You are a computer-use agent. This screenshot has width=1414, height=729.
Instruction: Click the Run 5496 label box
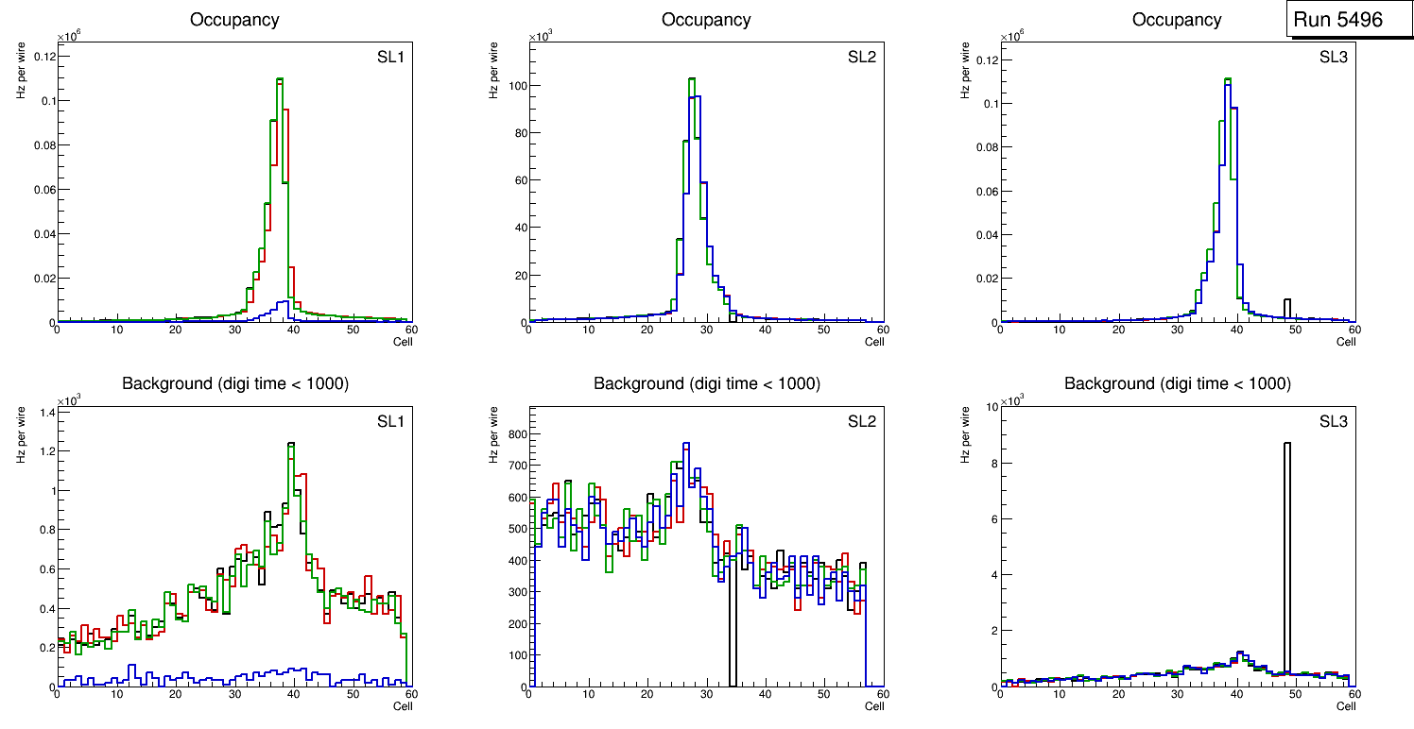click(x=1337, y=20)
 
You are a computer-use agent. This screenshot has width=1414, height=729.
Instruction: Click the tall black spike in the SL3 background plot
click(x=1286, y=567)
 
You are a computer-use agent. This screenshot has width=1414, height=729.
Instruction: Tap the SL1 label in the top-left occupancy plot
click(x=391, y=58)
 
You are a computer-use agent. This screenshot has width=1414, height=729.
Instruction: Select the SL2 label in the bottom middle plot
click(x=862, y=421)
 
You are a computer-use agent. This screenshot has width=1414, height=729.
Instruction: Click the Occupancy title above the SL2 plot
click(x=706, y=20)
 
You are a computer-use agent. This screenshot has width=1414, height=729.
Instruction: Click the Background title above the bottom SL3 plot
click(x=1177, y=384)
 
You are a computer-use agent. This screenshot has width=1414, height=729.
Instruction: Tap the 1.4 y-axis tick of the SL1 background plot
click(x=45, y=414)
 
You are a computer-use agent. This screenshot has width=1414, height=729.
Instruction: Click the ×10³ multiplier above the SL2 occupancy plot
click(x=540, y=38)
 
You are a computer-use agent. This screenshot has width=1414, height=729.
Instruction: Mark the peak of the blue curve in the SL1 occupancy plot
click(x=285, y=302)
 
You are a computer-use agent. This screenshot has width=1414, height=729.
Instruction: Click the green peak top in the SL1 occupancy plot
click(x=280, y=79)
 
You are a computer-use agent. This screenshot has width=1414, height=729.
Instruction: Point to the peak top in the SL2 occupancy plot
click(x=692, y=79)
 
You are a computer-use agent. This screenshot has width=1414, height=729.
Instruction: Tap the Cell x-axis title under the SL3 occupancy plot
click(x=1346, y=342)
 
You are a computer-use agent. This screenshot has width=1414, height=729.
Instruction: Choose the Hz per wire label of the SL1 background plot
click(x=20, y=433)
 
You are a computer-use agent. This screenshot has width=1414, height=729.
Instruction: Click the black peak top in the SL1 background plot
click(x=291, y=443)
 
